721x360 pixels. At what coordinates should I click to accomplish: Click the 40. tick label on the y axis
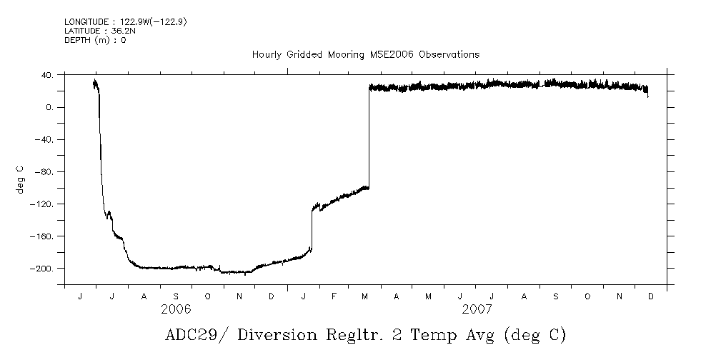[x=47, y=75]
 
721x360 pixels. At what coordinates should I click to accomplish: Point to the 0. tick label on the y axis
[x=49, y=107]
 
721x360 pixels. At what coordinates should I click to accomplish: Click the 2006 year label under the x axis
[x=176, y=309]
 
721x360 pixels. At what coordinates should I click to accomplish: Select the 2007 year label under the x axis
[x=477, y=309]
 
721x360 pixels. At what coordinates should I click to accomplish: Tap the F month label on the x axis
[x=334, y=296]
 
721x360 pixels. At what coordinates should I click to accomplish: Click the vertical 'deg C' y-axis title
[x=20, y=179]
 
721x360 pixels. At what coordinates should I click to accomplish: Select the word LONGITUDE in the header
[x=86, y=22]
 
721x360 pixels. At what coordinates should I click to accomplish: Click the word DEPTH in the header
[x=76, y=40]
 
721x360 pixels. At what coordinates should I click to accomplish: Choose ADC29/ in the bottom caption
[x=192, y=335]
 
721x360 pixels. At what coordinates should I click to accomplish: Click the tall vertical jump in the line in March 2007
[x=369, y=136]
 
